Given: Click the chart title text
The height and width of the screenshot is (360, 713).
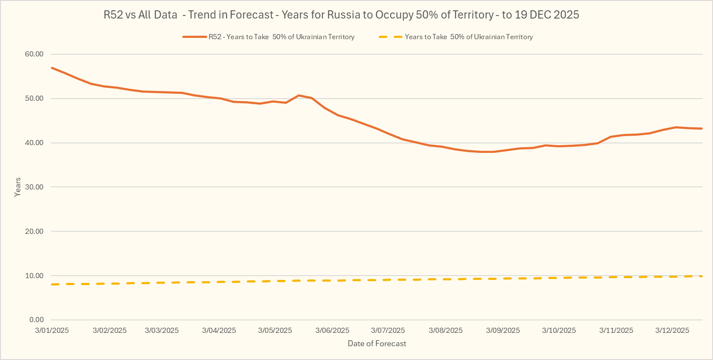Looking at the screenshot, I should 341,15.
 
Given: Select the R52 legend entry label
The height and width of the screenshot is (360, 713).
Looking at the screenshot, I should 281,37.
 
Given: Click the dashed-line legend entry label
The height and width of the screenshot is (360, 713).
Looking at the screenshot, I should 469,37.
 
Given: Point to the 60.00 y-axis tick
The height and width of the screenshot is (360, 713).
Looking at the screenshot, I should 34,54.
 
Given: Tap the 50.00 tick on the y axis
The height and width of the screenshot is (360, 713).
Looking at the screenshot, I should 34,98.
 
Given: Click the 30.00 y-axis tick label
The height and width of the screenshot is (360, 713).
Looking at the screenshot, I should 34,187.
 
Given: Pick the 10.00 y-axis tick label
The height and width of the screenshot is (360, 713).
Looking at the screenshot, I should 34,276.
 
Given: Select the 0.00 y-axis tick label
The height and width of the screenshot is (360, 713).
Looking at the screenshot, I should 36,320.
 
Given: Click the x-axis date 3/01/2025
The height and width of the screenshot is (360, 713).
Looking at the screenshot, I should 52,330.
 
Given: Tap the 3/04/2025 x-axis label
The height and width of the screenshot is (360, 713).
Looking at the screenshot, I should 219,330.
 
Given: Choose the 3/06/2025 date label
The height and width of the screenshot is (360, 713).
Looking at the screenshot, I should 332,330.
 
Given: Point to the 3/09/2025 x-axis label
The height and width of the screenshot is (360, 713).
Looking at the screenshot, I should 503,330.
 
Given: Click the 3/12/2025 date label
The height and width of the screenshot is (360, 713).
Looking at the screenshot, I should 672,330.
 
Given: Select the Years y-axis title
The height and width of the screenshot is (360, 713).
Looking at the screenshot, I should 17,187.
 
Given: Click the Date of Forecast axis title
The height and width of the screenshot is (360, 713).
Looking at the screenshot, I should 377,344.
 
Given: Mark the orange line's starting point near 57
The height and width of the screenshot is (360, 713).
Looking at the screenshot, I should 52,68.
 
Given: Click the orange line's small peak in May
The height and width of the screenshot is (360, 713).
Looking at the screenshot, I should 299,95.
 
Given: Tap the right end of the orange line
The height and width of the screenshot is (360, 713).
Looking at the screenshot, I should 702,128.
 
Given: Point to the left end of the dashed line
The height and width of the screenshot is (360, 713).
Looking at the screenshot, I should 52,284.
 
